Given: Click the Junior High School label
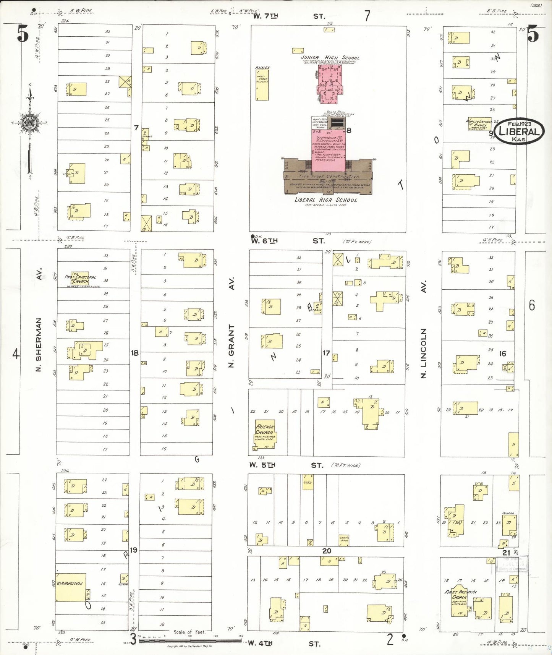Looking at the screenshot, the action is point(330,58).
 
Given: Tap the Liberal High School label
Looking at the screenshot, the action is point(325,200).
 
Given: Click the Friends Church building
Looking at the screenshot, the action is point(265,434).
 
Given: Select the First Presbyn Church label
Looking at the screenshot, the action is point(460,594).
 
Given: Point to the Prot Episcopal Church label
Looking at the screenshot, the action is point(80,279).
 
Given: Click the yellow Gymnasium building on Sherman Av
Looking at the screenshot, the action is point(71,587).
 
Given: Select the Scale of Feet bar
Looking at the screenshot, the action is point(190,640).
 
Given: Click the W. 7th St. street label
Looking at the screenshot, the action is point(289,16).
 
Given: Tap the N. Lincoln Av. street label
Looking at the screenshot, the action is point(423,330).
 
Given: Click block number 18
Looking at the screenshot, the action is point(135,353).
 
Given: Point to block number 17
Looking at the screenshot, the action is point(326,353).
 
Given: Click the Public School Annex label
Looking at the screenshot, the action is point(479,123).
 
